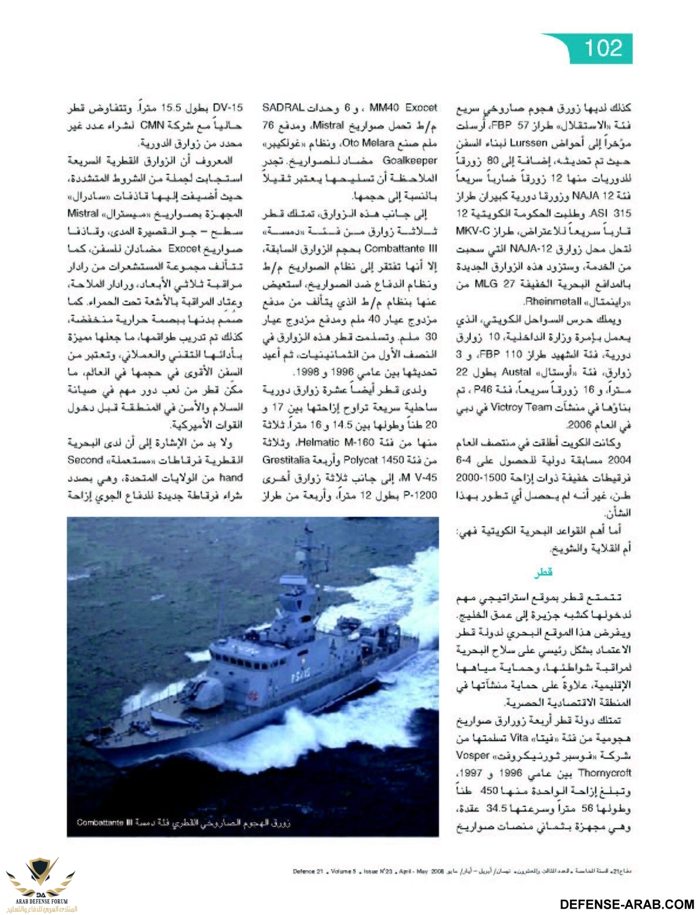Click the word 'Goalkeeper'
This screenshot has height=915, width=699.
coord(410,160)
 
